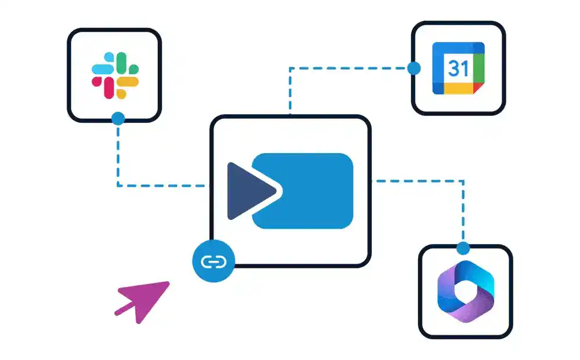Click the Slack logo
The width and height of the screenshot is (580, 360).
coord(115,75)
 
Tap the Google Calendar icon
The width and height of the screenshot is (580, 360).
coord(458,68)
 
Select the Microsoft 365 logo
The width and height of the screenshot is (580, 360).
coord(466,291)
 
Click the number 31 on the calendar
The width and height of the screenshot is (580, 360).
coord(458,68)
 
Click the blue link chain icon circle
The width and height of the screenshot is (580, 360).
coord(213,261)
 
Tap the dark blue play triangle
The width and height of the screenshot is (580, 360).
coord(252,191)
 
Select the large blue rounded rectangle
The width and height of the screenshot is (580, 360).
coord(303,191)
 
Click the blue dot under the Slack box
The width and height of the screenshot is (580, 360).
coord(118,119)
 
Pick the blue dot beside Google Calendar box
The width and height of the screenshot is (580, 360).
coord(414,68)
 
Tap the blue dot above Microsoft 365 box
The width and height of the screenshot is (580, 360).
coord(463,248)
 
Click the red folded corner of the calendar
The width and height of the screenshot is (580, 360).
coord(478,88)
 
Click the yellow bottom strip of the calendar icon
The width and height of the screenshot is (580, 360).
coord(458,89)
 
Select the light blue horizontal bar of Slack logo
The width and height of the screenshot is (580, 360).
coord(103,69)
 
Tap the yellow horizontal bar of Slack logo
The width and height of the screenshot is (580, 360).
coord(128,82)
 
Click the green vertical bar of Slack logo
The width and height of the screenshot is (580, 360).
coord(121,63)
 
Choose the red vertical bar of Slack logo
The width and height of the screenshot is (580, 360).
coord(109,88)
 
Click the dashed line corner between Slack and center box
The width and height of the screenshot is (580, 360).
coord(118,186)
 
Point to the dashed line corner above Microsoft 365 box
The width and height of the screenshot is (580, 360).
coord(463,181)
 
